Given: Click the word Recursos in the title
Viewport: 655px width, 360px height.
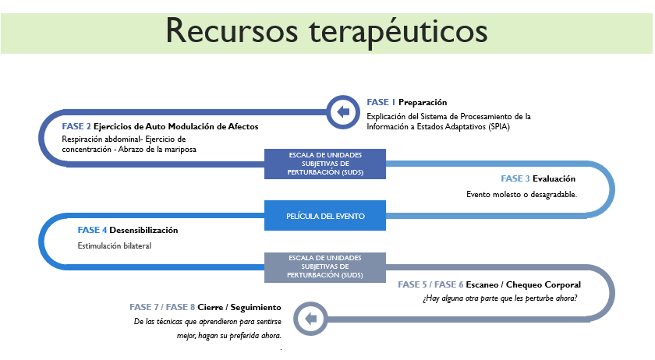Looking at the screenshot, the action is [x=232, y=30].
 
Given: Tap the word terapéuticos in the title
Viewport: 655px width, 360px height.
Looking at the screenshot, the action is [x=398, y=33].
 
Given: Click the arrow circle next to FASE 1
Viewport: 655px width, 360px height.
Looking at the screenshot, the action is [x=343, y=112].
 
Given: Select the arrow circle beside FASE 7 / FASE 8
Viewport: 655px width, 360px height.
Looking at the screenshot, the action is [x=311, y=319].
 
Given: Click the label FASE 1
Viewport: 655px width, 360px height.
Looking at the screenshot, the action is [x=381, y=102].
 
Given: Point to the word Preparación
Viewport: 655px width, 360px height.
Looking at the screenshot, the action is [x=423, y=102].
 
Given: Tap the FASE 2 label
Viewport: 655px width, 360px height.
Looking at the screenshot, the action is [x=76, y=126].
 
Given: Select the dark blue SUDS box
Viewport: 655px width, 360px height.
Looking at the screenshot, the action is [x=325, y=164].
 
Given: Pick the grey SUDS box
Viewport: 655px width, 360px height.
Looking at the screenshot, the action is [x=325, y=267].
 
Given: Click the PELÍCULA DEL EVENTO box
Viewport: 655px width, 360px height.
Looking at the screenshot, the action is [x=325, y=216].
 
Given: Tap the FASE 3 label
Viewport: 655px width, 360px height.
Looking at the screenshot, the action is [x=515, y=178].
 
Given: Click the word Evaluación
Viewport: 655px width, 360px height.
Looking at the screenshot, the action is [x=554, y=178].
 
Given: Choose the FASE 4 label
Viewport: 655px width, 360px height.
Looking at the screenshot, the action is [x=92, y=230].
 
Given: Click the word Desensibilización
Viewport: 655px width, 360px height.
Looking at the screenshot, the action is [x=143, y=230].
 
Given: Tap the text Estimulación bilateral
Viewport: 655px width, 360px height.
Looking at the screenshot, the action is [x=115, y=246].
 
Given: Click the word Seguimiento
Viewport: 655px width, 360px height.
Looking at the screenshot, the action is [x=256, y=308].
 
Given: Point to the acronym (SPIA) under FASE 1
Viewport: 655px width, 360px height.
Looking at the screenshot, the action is [x=500, y=127].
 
